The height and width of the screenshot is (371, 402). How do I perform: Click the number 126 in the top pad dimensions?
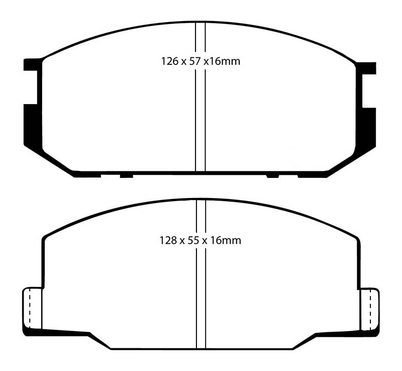coord(169,62)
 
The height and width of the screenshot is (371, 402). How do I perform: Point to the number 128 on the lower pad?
coord(169,240)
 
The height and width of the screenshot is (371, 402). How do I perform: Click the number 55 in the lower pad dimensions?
coord(197,240)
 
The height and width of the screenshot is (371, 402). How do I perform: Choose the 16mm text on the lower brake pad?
coord(228,240)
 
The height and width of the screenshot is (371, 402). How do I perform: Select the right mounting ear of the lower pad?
coord(369,309)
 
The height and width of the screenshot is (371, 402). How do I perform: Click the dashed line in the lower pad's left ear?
coord(30,309)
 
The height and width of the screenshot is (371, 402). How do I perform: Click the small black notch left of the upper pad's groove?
coord(126,175)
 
